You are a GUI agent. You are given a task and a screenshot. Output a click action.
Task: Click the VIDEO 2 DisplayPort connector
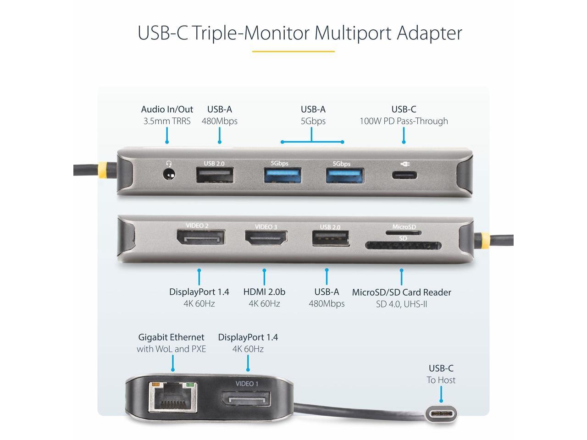tap(200, 238)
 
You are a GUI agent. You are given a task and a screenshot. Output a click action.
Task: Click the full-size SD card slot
tap(403, 246)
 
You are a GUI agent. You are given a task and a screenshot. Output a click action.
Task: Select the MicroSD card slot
tap(404, 232)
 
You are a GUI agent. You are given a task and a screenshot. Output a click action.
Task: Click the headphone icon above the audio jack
tap(170, 164)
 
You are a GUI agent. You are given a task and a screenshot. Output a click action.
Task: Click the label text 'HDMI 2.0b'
tap(264, 292)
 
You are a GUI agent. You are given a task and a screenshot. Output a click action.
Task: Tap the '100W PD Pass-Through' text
tap(404, 121)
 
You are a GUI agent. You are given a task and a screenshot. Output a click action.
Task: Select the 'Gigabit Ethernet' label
tap(171, 337)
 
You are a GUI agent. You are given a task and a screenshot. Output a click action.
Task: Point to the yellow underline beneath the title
tap(293, 51)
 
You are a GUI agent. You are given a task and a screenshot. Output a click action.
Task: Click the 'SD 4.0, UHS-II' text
tap(402, 303)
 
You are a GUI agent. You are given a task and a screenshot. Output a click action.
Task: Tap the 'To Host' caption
tap(441, 380)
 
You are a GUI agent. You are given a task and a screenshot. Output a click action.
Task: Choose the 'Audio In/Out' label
tap(167, 109)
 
